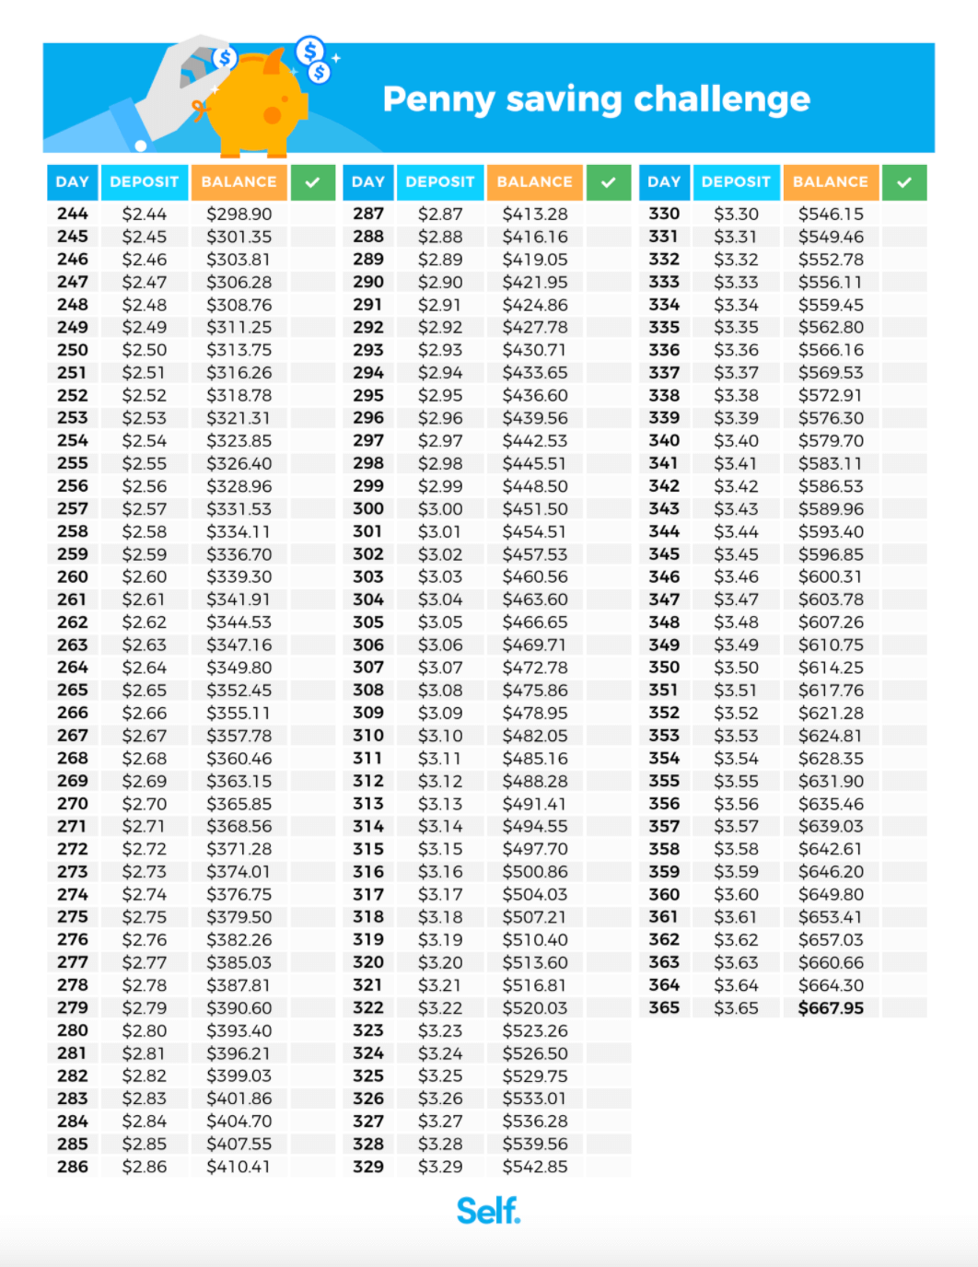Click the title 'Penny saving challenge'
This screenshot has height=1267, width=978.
596,99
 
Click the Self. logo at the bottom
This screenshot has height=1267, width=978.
488,1211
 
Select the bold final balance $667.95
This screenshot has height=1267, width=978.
831,1008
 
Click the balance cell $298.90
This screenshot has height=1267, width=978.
239,214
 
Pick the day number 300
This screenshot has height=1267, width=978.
368,509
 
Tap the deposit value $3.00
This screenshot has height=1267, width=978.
440,509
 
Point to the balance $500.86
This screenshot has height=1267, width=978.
535,872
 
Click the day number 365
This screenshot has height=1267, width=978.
664,1008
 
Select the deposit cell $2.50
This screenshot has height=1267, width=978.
145,350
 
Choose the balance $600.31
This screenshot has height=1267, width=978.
831,577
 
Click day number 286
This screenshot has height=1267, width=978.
73,1167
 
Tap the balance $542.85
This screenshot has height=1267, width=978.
535,1167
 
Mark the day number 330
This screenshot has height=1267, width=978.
664,214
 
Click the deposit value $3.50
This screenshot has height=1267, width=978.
736,668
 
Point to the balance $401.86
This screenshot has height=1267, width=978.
239,1098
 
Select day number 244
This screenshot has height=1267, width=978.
73,214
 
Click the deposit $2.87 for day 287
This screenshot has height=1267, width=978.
440,214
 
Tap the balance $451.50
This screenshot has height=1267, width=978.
535,509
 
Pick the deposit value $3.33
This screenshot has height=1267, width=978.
736,282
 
